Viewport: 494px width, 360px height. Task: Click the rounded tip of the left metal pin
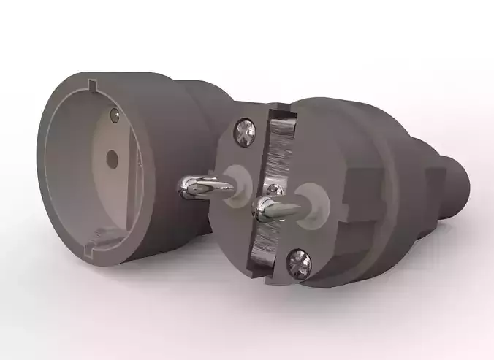[x=183, y=189]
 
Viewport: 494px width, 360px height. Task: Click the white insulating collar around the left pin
[x=235, y=177]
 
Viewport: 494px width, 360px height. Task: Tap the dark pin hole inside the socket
[x=112, y=156]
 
